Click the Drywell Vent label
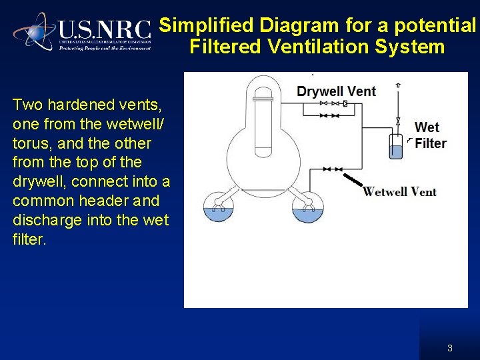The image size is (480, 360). coord(336,91)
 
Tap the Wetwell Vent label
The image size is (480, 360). coord(399,192)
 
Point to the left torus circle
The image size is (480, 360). coord(218,209)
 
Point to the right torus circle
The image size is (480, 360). coord(307,209)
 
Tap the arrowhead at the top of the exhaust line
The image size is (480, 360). coord(398,85)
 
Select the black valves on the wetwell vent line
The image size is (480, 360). coord(332,169)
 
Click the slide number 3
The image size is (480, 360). coord(450,348)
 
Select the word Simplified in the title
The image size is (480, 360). coord(207,25)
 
